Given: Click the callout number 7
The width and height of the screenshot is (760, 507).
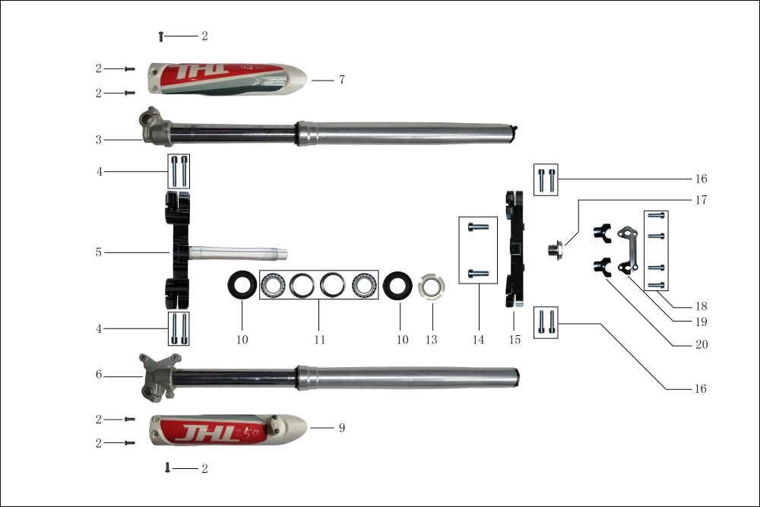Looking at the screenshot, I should tap(341, 80).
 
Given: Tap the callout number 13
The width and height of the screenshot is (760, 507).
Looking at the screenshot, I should tap(431, 340).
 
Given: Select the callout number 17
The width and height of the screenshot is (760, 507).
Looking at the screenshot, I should tap(701, 201).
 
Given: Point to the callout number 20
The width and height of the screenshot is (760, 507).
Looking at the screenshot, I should tap(701, 344).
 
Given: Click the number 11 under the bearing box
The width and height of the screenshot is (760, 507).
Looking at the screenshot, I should tap(319, 340).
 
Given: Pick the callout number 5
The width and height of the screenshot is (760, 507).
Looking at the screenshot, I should tap(99, 252).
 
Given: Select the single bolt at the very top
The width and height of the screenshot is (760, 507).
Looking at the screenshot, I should tap(160, 36).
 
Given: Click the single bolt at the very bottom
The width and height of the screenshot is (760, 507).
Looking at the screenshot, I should tap(167, 467).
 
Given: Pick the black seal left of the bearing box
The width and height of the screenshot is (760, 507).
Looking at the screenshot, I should tap(242, 286).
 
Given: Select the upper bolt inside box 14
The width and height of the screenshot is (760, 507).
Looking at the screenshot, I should tap(477, 227).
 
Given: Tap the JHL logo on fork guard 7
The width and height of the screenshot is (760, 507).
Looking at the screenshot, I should tap(201, 74).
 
